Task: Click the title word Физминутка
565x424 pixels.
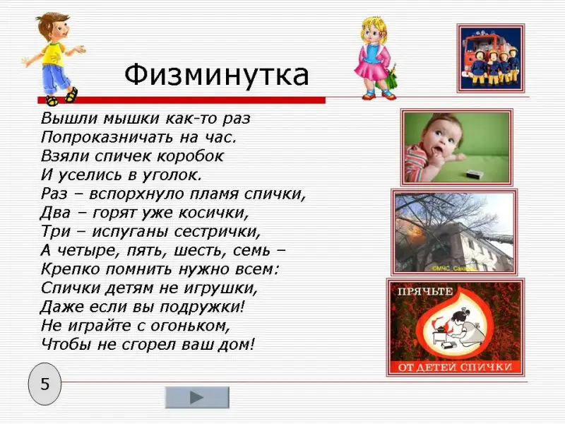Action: [217, 76]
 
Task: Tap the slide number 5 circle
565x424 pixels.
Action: [44, 384]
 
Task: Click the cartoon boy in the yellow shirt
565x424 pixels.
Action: [54, 59]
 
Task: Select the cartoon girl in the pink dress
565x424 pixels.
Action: [376, 59]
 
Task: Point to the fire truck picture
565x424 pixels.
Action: [491, 58]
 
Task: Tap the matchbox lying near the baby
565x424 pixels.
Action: [475, 174]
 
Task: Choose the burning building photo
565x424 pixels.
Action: [454, 232]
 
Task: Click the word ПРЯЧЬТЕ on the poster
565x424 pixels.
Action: [425, 291]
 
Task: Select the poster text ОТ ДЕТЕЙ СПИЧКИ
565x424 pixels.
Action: [455, 367]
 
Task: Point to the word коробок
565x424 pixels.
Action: [191, 156]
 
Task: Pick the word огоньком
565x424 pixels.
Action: [190, 326]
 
